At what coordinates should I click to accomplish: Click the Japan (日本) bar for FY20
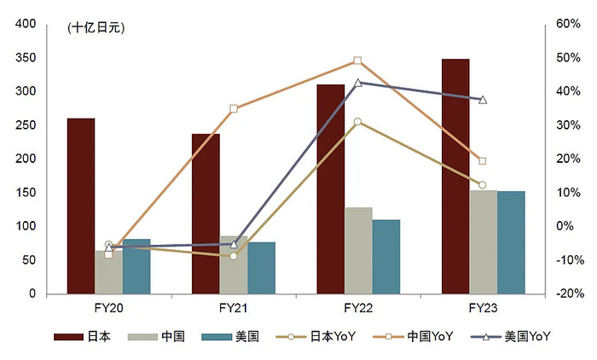tap(81, 206)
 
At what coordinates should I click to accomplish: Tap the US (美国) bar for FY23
tap(511, 242)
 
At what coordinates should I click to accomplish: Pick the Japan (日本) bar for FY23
tap(455, 176)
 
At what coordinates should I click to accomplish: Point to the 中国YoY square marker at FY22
tap(358, 61)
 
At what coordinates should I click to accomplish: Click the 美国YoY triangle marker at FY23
tap(483, 100)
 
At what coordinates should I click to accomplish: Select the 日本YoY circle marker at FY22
tap(358, 122)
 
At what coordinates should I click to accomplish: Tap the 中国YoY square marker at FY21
tap(234, 109)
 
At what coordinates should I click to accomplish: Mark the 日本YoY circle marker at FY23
tap(483, 185)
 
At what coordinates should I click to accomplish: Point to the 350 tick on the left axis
tap(25, 58)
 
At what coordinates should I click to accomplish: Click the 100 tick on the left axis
tap(25, 226)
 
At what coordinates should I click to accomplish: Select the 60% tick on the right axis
tap(569, 24)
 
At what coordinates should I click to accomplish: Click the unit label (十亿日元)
tap(95, 29)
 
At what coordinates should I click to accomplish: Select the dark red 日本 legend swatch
tap(68, 337)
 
